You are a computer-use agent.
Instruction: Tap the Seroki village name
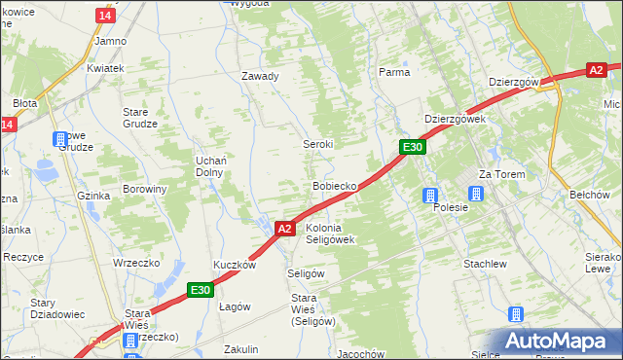pos(318,144)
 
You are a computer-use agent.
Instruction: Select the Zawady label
pos(260,76)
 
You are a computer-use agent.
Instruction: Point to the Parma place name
pos(393,72)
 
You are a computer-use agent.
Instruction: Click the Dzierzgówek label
pos(455,119)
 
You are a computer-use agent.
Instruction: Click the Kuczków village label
pos(235,265)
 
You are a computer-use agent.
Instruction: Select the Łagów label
pos(235,306)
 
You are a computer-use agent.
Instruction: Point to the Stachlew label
pos(485,264)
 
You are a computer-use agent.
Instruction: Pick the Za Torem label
pos(501,174)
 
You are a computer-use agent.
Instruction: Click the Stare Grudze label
pos(140,118)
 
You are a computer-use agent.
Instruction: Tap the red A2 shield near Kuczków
pos(283,229)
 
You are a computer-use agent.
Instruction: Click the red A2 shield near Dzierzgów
pos(597,69)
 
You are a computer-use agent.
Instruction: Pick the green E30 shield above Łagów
pos(200,289)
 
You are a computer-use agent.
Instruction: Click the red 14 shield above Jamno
pos(105,17)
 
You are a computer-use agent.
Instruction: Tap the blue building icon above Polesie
pos(429,196)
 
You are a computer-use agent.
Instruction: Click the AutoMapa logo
pos(556,341)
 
